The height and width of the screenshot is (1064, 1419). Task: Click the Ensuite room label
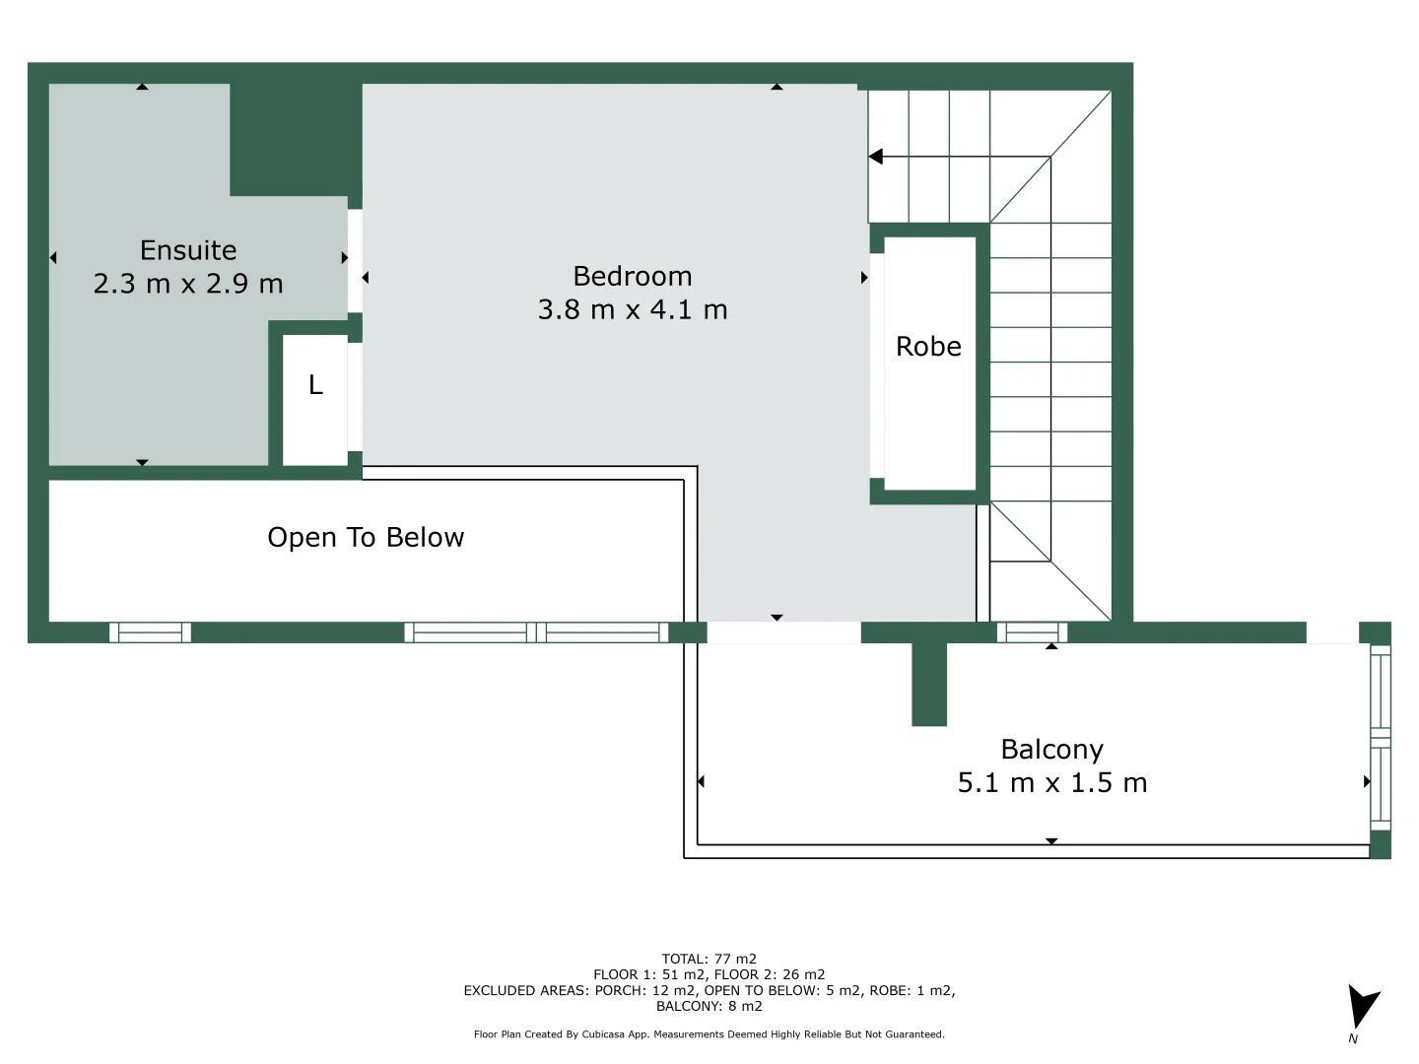pyautogui.click(x=188, y=250)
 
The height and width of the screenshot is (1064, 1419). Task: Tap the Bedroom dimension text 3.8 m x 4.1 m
pyautogui.click(x=633, y=309)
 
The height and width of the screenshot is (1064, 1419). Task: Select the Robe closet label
pyautogui.click(x=928, y=347)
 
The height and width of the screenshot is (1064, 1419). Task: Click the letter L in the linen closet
pyautogui.click(x=315, y=385)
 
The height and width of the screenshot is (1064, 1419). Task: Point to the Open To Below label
pyautogui.click(x=366, y=537)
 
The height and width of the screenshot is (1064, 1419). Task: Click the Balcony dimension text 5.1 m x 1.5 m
pyautogui.click(x=1052, y=783)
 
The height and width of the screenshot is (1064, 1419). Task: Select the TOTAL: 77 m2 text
pyautogui.click(x=709, y=959)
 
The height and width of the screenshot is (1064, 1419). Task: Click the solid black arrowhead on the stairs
pyautogui.click(x=875, y=157)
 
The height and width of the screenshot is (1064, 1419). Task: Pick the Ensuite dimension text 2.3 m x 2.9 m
pyautogui.click(x=188, y=284)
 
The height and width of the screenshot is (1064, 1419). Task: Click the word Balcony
pyautogui.click(x=1052, y=750)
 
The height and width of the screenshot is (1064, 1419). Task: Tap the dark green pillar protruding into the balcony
pyautogui.click(x=928, y=684)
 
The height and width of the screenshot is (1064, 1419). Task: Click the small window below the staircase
pyautogui.click(x=1032, y=632)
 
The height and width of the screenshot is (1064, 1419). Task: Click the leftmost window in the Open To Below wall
pyautogui.click(x=150, y=632)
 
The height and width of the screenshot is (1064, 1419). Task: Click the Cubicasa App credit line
pyautogui.click(x=709, y=1034)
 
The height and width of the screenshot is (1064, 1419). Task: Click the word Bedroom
pyautogui.click(x=633, y=276)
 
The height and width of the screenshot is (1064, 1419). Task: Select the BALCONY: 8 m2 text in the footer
pyautogui.click(x=709, y=1006)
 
